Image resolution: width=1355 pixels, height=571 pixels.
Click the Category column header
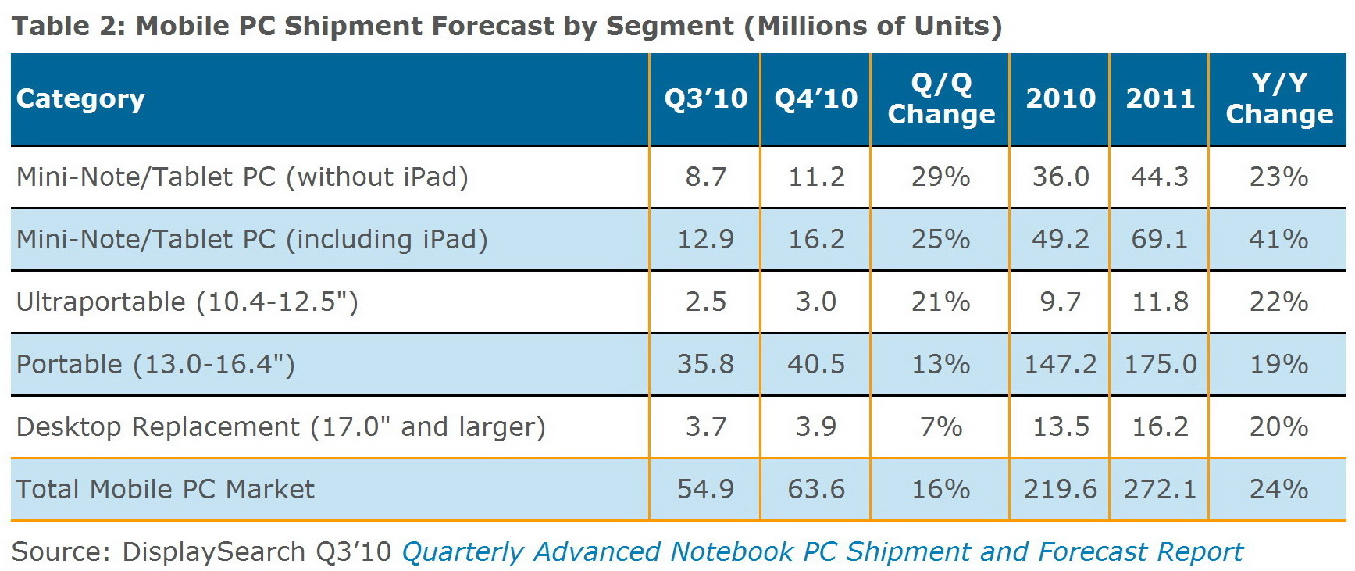[x=80, y=99]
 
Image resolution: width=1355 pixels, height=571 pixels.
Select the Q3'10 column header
[x=705, y=99]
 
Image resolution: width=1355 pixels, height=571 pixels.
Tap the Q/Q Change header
[x=941, y=99]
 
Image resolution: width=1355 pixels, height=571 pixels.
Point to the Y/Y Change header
[x=1278, y=99]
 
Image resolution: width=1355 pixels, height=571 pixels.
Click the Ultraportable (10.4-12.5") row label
[x=187, y=302]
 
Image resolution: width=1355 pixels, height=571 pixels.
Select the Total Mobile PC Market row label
[x=165, y=489]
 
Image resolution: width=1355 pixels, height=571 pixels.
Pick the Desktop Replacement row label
[x=280, y=426]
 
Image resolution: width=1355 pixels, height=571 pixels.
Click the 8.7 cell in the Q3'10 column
[x=705, y=177]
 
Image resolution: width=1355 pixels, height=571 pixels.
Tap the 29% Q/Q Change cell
[x=940, y=177]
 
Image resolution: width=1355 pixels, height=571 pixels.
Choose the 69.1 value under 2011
[x=1160, y=239]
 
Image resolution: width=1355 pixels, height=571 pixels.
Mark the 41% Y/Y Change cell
[x=1278, y=239]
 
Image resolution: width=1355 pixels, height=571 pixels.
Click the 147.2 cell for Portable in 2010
[x=1060, y=364]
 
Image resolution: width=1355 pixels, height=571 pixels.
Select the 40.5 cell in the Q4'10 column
[x=815, y=364]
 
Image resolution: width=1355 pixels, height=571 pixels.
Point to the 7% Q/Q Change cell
[x=940, y=426]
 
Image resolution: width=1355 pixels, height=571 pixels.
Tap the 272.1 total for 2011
[x=1160, y=489]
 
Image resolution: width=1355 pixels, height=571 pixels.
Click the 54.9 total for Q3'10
[x=705, y=489]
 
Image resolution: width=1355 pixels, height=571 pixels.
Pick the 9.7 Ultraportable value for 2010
[x=1060, y=302]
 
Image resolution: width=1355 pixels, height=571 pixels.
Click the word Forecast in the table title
[x=492, y=27]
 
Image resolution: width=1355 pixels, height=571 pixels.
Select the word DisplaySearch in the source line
[x=213, y=551]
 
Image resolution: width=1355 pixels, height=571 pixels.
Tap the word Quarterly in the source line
[x=462, y=551]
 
